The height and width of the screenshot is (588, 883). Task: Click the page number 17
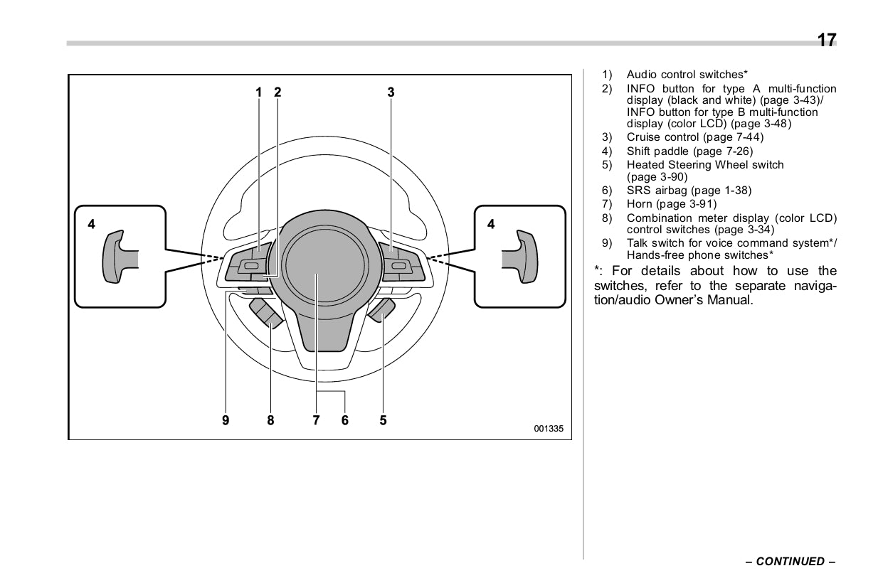[x=826, y=41]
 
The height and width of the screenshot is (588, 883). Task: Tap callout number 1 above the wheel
[x=259, y=92]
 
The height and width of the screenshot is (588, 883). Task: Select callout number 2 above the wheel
[x=277, y=92]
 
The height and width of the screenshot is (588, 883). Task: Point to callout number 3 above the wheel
[x=391, y=92]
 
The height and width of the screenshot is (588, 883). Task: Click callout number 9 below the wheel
[x=226, y=420]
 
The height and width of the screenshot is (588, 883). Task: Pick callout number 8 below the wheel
[x=270, y=420]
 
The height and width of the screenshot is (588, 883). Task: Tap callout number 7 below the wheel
[x=316, y=420]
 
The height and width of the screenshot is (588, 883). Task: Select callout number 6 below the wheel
[x=345, y=420]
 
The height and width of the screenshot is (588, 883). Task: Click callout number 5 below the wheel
[x=383, y=420]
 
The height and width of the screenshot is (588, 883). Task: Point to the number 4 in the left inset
[x=91, y=224]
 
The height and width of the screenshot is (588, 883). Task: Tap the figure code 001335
[x=549, y=429]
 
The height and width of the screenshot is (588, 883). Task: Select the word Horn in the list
[x=639, y=204]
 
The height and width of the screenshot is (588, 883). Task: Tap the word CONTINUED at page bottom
[x=790, y=562]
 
